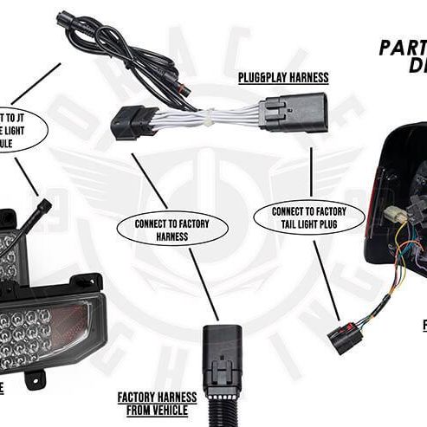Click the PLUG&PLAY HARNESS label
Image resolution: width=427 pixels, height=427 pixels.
coord(283,77)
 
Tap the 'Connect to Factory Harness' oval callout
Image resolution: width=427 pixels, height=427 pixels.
coord(172,230)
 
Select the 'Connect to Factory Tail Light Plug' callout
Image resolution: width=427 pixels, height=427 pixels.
coord(309,217)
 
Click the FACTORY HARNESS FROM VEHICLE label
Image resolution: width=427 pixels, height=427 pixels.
coord(157,403)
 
